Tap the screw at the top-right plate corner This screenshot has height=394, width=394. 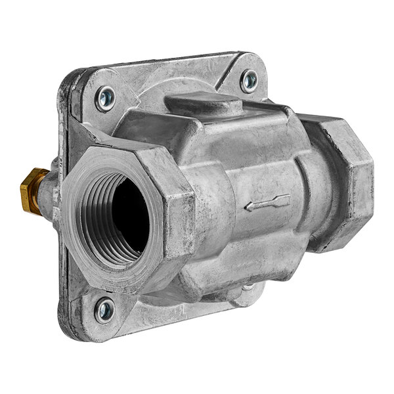[249, 81]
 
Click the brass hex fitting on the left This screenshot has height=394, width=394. [32, 190]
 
